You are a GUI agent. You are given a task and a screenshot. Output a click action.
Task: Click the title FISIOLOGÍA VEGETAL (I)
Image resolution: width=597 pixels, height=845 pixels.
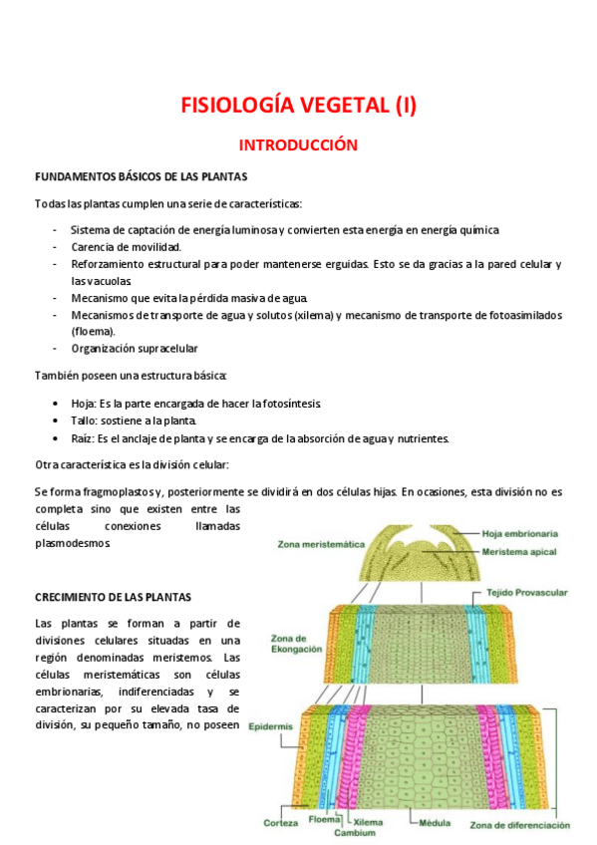point(298,104)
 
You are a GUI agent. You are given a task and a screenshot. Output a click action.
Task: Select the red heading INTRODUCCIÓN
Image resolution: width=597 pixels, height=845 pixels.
point(298,145)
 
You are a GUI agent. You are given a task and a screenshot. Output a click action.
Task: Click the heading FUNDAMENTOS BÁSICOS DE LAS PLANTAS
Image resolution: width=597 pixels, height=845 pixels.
point(141,177)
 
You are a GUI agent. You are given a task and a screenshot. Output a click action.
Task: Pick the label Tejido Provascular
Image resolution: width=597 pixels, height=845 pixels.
point(526,592)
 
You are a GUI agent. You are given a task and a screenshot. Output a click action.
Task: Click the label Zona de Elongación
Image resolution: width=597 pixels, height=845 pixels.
point(297,643)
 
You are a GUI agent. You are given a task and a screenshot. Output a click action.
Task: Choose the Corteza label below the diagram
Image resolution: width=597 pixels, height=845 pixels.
point(281,823)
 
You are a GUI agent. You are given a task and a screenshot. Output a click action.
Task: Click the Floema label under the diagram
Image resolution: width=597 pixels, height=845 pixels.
point(324,819)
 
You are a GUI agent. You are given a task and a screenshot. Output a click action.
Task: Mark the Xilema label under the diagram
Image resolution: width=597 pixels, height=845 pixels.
point(368,822)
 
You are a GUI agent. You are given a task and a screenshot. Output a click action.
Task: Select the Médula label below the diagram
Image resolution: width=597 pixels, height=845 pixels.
point(434,823)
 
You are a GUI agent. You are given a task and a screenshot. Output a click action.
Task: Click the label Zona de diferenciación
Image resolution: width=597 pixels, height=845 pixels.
point(519,825)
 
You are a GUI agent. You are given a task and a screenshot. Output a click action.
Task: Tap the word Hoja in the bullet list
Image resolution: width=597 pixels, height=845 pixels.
point(83,403)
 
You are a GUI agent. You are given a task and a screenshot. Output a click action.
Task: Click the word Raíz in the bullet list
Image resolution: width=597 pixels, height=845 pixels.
point(83,438)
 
